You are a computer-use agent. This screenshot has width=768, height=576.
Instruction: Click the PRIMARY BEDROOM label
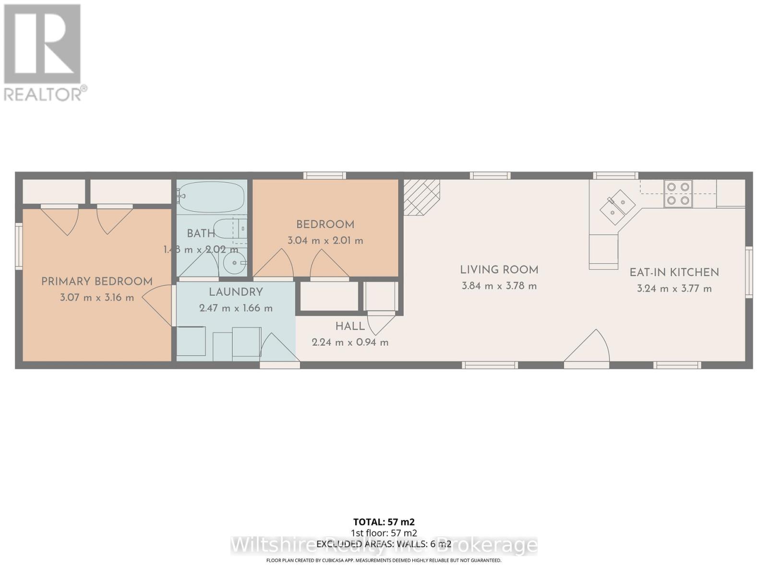click(96, 281)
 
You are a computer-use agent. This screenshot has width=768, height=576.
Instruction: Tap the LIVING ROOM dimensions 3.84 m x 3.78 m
click(499, 286)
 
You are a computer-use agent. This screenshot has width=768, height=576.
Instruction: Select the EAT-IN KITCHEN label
click(674, 272)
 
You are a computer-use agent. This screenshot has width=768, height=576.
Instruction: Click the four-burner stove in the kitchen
click(678, 193)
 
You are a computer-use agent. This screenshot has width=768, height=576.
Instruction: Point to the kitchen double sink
click(617, 207)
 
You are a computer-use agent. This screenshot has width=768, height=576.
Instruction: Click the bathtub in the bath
click(211, 197)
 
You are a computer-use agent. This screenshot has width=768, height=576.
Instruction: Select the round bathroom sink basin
click(235, 263)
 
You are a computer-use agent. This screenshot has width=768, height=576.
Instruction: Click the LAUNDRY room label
click(236, 292)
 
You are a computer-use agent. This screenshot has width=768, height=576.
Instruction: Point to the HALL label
click(350, 326)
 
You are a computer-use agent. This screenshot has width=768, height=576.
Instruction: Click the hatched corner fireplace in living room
click(421, 197)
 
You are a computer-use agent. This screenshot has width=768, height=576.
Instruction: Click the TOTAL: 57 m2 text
click(384, 522)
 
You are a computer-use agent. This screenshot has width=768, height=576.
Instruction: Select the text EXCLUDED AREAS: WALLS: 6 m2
click(384, 544)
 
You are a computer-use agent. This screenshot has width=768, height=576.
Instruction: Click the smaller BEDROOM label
click(325, 224)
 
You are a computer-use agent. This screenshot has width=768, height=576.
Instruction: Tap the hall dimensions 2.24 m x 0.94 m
click(350, 342)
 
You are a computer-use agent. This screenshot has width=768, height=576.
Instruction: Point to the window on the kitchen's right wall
click(749, 272)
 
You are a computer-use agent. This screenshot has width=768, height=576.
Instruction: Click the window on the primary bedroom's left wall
click(19, 246)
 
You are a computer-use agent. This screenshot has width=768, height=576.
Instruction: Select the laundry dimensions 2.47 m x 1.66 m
click(236, 308)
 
